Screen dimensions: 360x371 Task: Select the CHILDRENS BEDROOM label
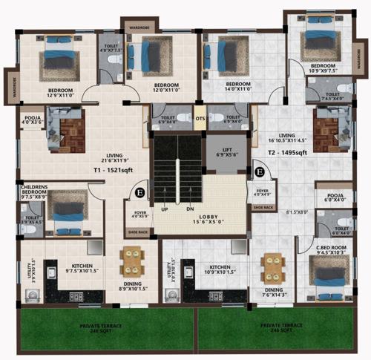pyautogui.click(x=36, y=190)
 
